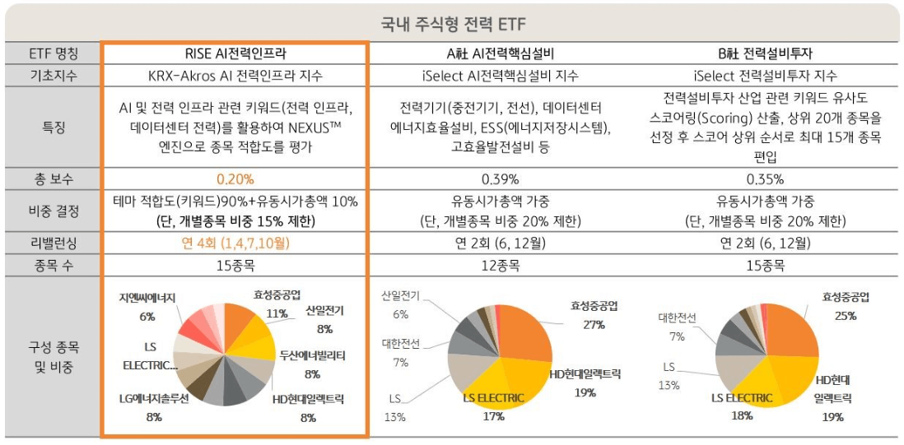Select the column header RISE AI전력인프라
235,54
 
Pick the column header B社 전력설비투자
765,54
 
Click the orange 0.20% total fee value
235,178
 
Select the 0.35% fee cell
765,178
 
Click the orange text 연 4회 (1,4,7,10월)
235,243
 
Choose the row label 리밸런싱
53,243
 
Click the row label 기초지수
53,76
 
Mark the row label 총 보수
53,178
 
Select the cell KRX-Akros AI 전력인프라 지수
235,76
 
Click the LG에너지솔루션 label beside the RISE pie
154,398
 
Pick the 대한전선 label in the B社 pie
677,318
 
